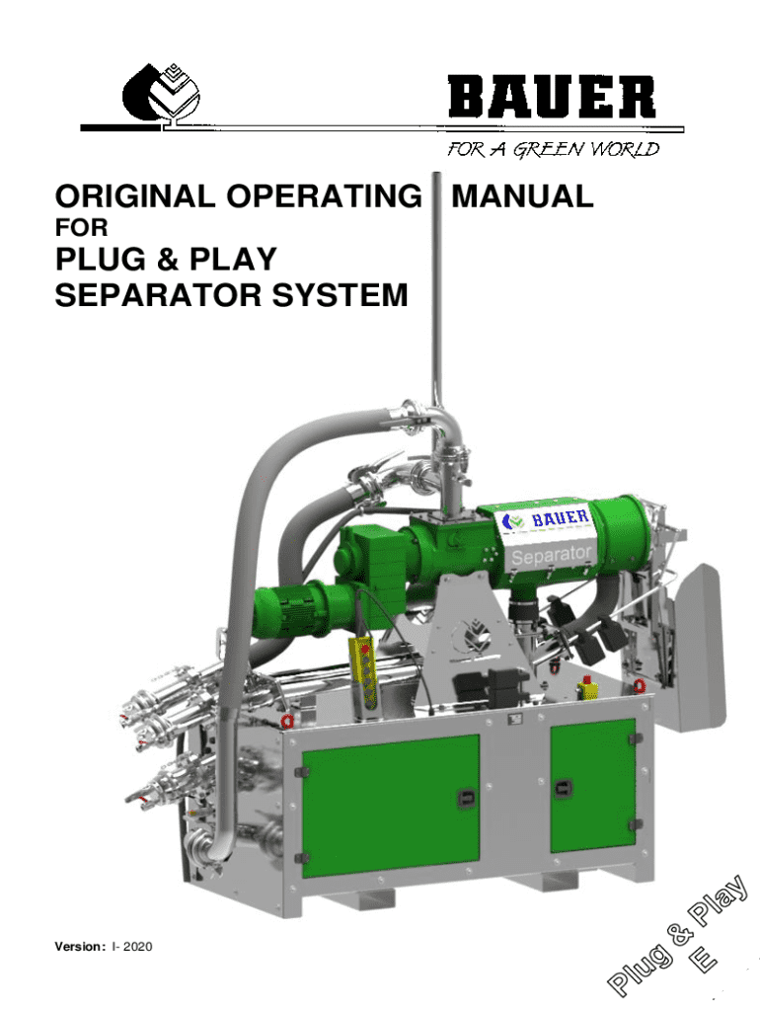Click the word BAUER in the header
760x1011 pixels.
(x=551, y=99)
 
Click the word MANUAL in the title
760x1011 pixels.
(x=522, y=196)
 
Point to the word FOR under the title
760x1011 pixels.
(x=79, y=229)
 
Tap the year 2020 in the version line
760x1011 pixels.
(x=134, y=949)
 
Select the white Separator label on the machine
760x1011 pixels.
(x=551, y=555)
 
